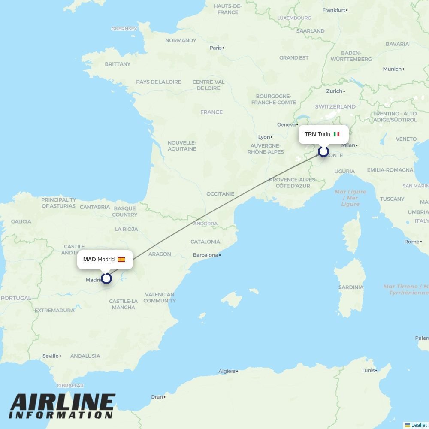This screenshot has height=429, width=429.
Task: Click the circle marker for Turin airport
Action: (323, 151)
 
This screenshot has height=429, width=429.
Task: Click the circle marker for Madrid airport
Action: (106, 278)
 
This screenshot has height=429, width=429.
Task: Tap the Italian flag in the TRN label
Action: (336, 134)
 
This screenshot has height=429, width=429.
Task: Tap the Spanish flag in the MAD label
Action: (121, 260)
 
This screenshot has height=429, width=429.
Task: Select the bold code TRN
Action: (310, 134)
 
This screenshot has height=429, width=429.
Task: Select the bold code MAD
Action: (89, 260)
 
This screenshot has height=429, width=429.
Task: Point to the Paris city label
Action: (215, 48)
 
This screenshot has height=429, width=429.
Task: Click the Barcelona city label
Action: (205, 255)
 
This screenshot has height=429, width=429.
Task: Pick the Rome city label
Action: (411, 242)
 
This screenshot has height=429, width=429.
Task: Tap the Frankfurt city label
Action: (334, 10)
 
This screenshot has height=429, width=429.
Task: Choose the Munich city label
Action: (392, 69)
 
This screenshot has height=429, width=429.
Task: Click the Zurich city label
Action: (334, 91)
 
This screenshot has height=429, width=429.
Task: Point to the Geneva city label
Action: (286, 124)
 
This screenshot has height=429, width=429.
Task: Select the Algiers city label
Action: (227, 371)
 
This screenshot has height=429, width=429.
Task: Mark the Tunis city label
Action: (368, 370)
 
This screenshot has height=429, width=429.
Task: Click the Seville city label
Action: (51, 356)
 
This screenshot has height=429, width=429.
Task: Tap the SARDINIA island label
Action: (350, 287)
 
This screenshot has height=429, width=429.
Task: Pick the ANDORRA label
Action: (205, 224)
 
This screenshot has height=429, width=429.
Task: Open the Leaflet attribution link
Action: (419, 425)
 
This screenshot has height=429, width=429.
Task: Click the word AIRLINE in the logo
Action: (63, 402)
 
